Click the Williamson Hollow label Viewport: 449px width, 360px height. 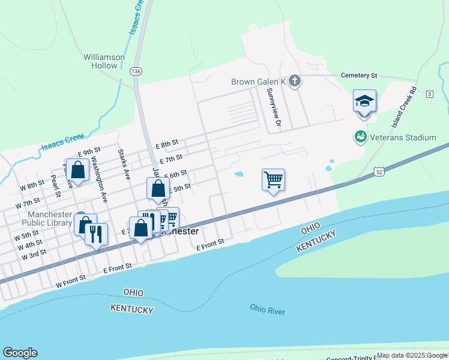pos(104,61)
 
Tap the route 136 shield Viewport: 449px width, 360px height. pos(136,71)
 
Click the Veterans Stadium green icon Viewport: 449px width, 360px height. pos(360,137)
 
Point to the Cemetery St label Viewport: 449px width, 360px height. pos(358,76)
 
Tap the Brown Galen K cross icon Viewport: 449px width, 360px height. pos(294,81)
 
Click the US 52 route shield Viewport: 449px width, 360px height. pos(379,172)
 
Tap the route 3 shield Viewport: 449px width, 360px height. pos(429,94)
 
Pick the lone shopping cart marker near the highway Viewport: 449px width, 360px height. pos(273,179)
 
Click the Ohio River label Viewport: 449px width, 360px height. pos(268,310)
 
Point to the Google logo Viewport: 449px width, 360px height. pos(20,353)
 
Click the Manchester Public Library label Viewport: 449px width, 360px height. pos(49,219)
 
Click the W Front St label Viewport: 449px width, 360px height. pos(71,278)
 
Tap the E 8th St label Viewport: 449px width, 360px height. pos(167,144)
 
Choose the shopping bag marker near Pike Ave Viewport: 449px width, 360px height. pos(78,169)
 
